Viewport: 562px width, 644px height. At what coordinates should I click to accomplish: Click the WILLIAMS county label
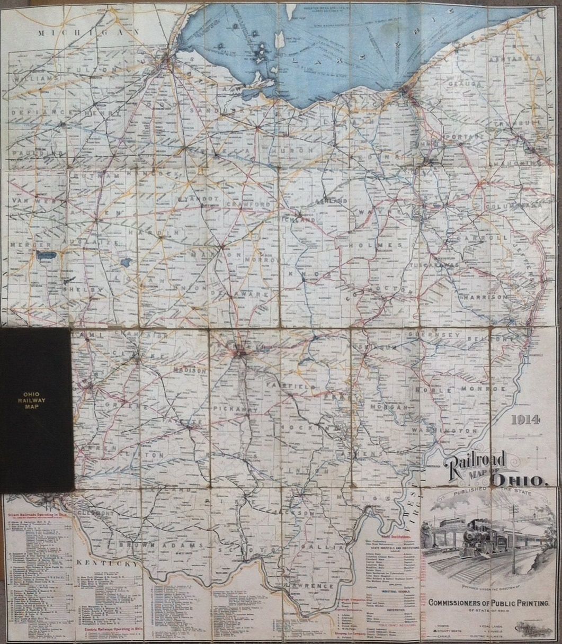click(x=36, y=78)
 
